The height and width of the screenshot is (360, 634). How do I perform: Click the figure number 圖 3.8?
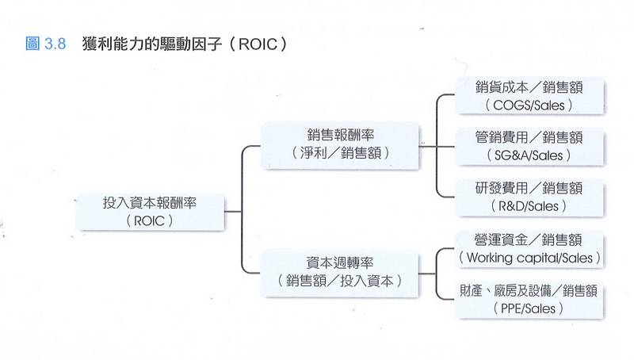[46, 44]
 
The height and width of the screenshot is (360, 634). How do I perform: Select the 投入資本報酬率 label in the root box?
[150, 202]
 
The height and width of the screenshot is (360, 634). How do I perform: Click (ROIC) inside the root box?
[150, 220]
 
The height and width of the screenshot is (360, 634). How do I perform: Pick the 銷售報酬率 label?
[340, 133]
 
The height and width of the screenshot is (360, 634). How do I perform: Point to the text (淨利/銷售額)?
[340, 151]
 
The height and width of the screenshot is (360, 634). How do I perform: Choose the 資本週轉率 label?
[340, 262]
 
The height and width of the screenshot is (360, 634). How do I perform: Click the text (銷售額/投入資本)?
[340, 280]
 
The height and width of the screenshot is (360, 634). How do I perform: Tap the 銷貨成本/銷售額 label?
[529, 86]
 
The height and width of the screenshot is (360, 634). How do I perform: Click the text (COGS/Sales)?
[529, 104]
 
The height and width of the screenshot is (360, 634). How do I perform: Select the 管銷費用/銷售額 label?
[529, 137]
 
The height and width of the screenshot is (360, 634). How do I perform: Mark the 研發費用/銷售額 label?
[529, 188]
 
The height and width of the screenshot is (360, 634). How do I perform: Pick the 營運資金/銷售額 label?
[529, 239]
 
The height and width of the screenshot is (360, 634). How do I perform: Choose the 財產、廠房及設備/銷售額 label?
[529, 291]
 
